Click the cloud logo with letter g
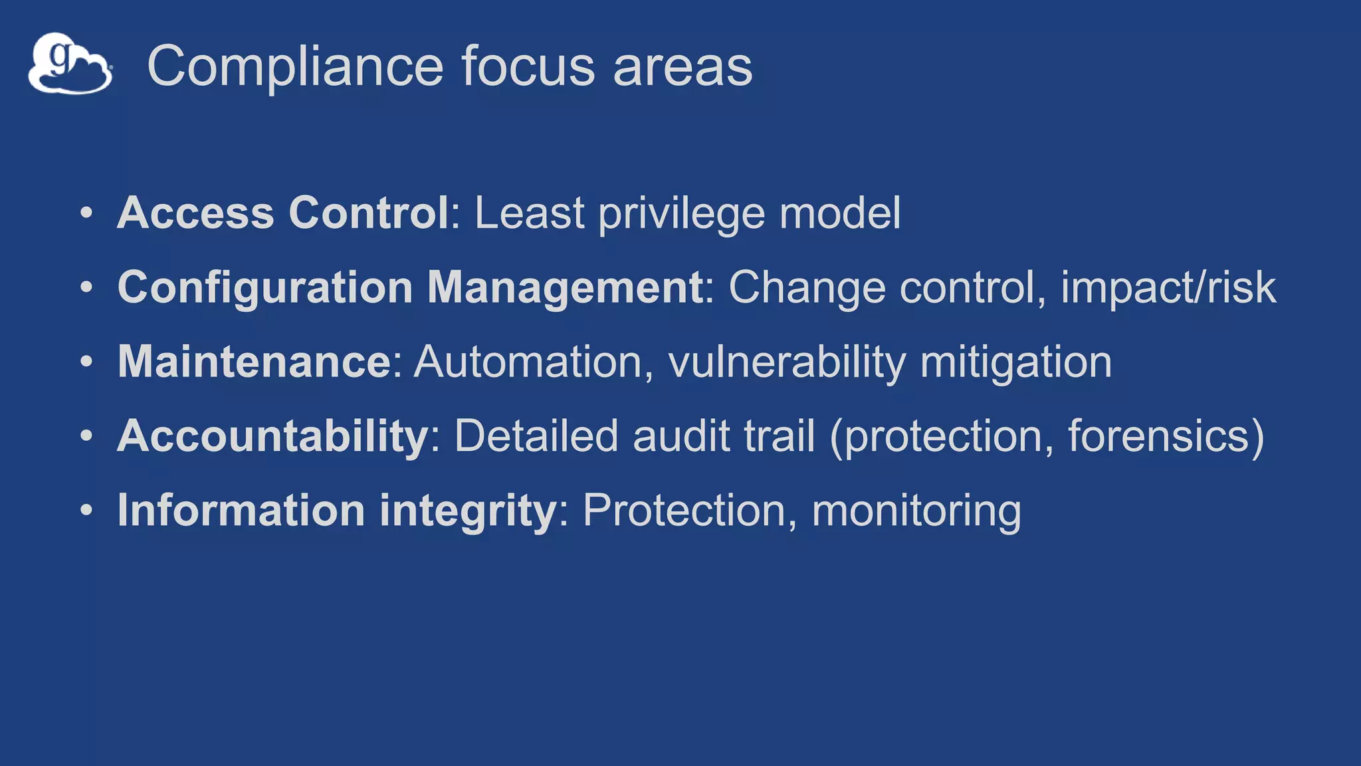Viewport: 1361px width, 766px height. click(70, 64)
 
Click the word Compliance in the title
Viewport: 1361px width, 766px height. click(295, 66)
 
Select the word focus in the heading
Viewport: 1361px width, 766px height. click(528, 66)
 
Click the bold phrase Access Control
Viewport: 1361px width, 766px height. click(283, 213)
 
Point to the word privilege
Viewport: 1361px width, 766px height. click(681, 214)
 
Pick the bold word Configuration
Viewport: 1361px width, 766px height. click(265, 287)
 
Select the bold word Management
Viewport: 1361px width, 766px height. click(565, 287)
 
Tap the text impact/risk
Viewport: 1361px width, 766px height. click(1168, 289)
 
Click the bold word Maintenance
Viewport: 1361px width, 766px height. click(255, 362)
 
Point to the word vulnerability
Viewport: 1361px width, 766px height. click(787, 363)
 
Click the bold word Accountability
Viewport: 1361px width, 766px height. click(272, 437)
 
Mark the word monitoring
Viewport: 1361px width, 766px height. click(916, 511)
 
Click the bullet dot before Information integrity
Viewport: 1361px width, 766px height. click(86, 511)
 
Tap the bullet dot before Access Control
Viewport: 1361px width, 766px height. click(86, 213)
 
